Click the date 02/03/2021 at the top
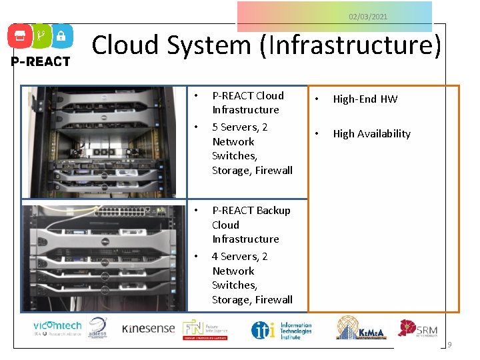click(368, 17)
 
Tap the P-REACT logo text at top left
click(39, 61)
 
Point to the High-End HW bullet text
click(365, 99)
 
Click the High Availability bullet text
click(371, 133)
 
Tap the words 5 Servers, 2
click(239, 127)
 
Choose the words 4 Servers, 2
click(239, 256)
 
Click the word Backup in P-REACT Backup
click(273, 210)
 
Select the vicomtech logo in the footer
click(57, 328)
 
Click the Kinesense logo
click(148, 328)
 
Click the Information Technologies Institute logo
click(281, 329)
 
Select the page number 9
click(449, 345)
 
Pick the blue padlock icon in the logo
click(61, 37)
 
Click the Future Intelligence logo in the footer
click(206, 329)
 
